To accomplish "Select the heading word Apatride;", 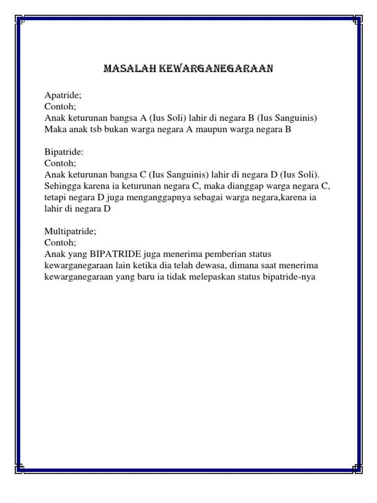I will (61, 95).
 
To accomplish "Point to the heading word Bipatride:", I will (62, 152).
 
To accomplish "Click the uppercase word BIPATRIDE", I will (116, 254).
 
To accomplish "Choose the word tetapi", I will (55, 197).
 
